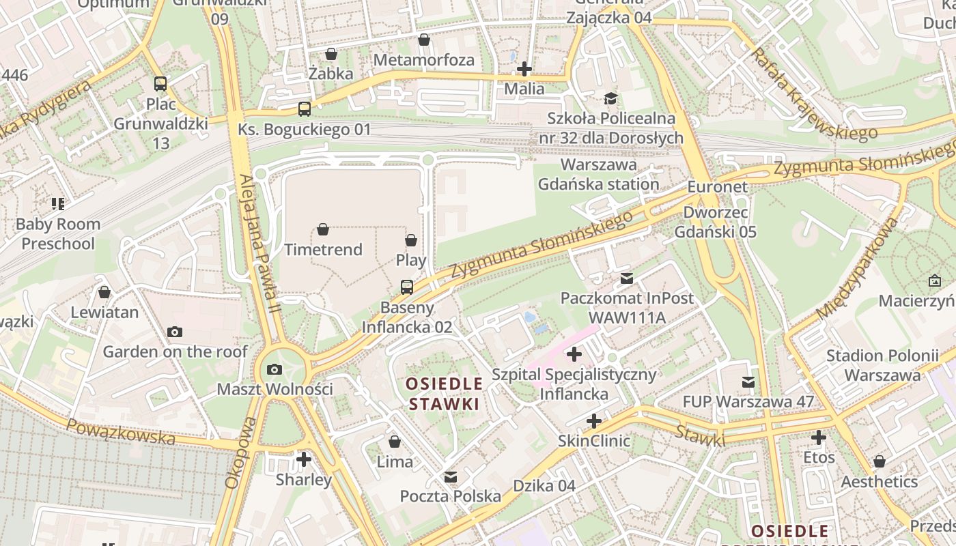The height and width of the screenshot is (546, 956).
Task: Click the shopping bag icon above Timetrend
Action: tap(323, 229)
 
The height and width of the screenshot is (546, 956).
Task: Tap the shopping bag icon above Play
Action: tap(411, 240)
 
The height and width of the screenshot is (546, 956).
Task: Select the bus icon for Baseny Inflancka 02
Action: tap(407, 287)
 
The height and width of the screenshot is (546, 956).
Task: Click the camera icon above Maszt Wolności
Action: tap(275, 369)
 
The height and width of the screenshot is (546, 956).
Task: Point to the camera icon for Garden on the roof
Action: tap(175, 332)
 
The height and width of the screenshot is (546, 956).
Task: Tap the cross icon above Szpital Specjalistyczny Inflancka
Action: tap(574, 354)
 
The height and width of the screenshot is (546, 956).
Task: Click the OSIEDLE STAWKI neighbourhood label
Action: tap(444, 393)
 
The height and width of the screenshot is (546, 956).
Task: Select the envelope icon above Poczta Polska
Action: tap(451, 476)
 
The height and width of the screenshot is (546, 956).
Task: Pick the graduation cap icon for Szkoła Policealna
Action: tap(610, 98)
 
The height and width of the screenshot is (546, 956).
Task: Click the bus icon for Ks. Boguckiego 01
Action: tap(305, 109)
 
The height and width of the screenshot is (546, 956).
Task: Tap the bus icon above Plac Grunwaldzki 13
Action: tap(160, 84)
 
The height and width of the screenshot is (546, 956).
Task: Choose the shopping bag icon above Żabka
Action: tap(331, 54)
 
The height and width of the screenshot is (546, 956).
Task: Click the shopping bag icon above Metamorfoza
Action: tap(424, 40)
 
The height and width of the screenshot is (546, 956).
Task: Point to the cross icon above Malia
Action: tap(524, 69)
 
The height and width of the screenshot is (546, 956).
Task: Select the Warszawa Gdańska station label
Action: tap(599, 175)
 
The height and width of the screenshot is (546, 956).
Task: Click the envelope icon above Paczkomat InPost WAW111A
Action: tap(627, 278)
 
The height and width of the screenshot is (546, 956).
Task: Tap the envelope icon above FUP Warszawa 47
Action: tap(748, 382)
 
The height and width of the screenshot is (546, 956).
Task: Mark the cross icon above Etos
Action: tap(819, 437)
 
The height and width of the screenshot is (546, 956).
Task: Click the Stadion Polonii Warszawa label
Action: tap(882, 365)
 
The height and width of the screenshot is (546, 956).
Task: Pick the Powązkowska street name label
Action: tap(120, 431)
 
